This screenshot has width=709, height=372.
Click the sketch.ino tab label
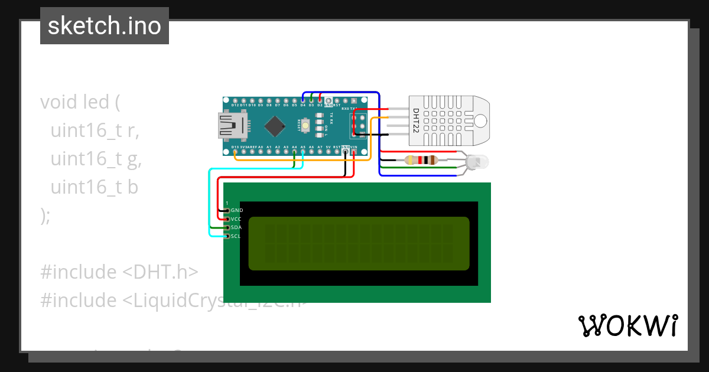(105, 26)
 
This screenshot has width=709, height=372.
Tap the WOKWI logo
(627, 325)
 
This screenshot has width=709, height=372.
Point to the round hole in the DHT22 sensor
(480, 120)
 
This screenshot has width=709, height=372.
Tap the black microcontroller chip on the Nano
(275, 125)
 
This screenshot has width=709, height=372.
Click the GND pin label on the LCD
(237, 210)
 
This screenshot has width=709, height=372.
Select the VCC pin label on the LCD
(236, 219)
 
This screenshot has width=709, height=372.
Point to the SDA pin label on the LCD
(236, 227)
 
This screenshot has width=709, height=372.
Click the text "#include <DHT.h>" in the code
(119, 272)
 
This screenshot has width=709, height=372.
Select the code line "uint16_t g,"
(96, 159)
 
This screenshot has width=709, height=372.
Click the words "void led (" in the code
(80, 102)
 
